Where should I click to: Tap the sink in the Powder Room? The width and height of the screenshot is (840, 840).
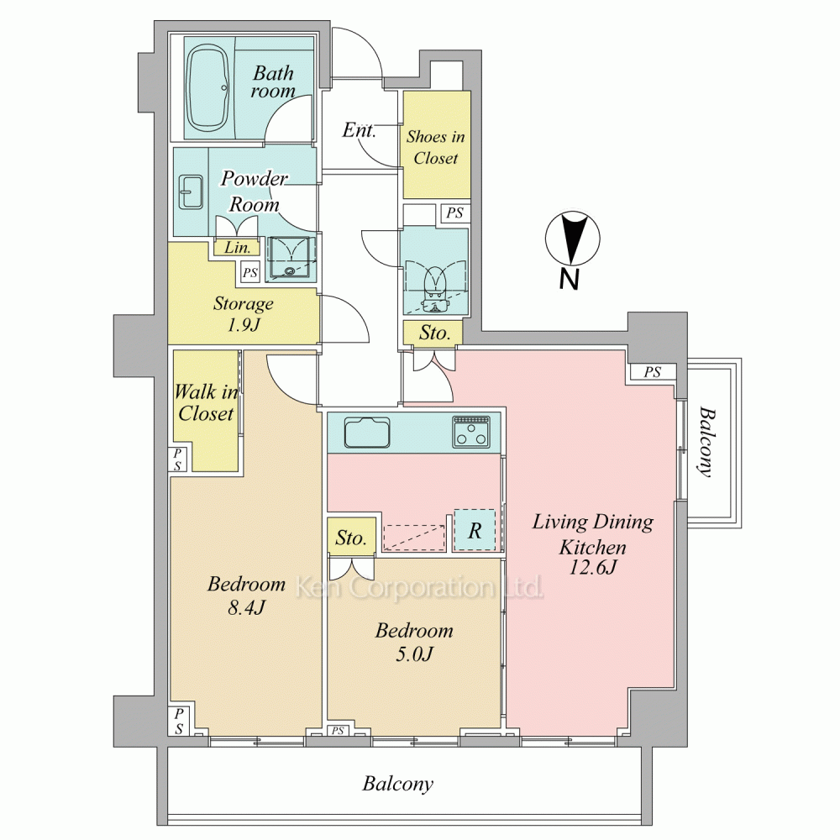pos(192,192)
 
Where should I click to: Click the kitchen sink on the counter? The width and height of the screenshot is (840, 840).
pos(367,432)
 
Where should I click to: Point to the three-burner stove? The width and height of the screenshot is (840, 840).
pos(471,432)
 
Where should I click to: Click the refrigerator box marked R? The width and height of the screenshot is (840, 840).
pos(474,530)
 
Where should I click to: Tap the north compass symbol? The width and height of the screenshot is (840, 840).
pos(572,239)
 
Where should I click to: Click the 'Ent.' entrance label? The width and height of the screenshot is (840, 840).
pos(359,130)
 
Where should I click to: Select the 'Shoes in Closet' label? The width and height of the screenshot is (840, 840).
pos(435,147)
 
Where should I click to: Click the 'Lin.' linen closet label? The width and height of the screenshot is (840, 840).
pos(238,248)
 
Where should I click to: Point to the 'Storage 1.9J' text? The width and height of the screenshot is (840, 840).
pos(244,314)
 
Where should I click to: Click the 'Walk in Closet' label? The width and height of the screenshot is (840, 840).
pos(207,403)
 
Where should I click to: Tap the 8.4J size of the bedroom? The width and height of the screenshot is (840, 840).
pos(246,608)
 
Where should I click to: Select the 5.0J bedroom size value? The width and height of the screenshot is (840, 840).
pos(414,654)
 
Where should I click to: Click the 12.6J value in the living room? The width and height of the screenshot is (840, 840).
pos(593,567)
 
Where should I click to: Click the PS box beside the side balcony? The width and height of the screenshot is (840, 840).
pos(652,372)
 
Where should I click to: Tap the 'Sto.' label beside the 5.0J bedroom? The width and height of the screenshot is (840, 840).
pos(351,538)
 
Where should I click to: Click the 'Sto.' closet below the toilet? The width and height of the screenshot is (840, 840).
pos(433,333)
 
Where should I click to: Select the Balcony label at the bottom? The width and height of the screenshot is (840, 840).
pos(397,784)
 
